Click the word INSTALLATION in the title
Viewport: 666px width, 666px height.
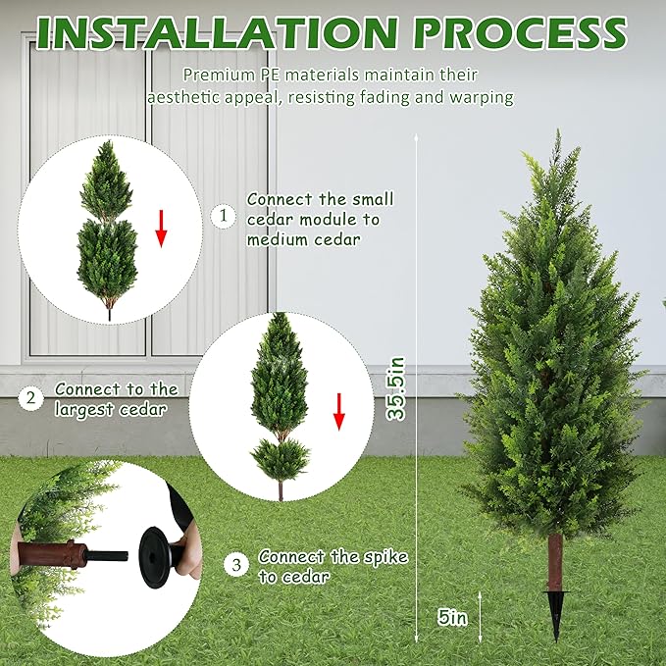coord(218,32)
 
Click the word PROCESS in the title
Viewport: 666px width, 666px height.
coord(521,32)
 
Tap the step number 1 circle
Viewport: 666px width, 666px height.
coord(224,216)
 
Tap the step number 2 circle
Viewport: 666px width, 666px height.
coord(31,398)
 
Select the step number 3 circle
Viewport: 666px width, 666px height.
coord(236,565)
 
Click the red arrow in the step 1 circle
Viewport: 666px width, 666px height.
coord(161,229)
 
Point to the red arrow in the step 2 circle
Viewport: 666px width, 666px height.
coord(339,412)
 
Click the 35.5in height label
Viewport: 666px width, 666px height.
coord(396,388)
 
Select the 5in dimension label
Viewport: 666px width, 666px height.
coord(453,617)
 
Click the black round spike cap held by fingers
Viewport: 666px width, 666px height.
coord(155,557)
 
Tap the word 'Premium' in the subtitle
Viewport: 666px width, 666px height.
coord(219,76)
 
